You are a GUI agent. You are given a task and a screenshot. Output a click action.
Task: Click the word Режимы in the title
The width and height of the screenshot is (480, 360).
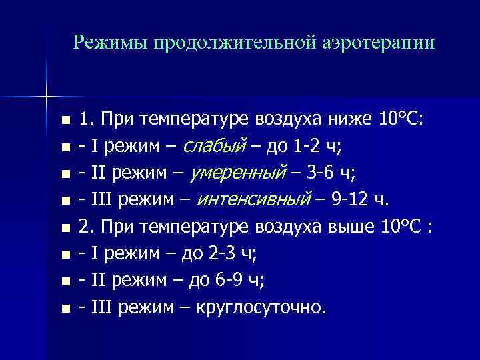pyautogui.click(x=111, y=43)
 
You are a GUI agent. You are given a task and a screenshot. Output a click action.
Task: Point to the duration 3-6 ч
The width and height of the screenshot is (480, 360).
pyautogui.click(x=333, y=173)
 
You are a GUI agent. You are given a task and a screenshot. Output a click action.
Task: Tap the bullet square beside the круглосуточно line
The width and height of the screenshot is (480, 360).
pyautogui.click(x=64, y=309)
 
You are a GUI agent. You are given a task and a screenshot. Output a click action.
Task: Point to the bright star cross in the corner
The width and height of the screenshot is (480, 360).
pyautogui.click(x=47, y=97)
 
